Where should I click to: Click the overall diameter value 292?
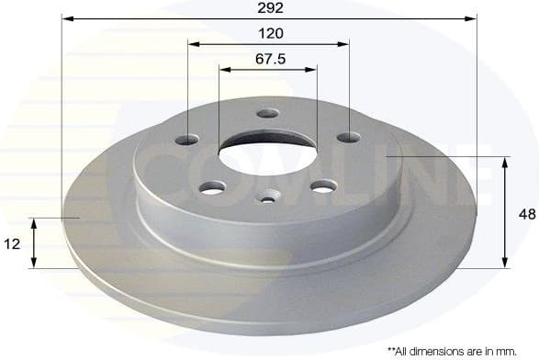tap(270, 7)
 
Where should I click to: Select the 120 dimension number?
tap(270, 33)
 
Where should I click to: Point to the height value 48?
tap(526, 213)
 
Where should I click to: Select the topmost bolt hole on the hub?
tap(267, 114)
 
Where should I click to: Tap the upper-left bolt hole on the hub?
tap(187, 140)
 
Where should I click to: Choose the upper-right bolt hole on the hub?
tap(348, 138)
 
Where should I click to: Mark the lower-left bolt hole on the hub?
tap(213, 187)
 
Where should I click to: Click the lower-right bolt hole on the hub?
tap(321, 186)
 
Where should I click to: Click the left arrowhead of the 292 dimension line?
tap(67, 18)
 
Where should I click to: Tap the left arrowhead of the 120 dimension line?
tap(192, 43)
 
